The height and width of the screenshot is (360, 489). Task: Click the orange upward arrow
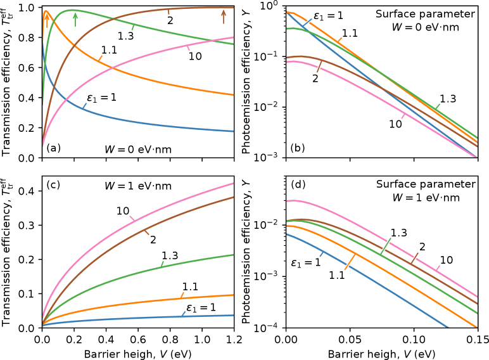point(46,21)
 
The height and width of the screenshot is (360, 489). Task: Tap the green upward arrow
point(75,20)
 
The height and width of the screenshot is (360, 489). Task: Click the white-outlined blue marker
point(307,23)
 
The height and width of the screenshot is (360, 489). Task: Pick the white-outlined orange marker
point(350,262)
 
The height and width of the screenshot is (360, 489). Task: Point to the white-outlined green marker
point(386,246)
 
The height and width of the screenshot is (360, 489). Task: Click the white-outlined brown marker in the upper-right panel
point(319,67)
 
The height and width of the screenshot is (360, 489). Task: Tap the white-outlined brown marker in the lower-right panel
point(415,258)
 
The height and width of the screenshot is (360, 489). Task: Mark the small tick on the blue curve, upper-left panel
point(84,106)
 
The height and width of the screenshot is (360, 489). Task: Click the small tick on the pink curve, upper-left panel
point(188,48)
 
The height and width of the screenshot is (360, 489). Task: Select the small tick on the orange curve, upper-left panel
point(100,58)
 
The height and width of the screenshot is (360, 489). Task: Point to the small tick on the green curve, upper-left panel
point(132,27)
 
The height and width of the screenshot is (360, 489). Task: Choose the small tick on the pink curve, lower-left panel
point(132,219)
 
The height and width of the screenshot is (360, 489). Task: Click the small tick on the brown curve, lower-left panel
point(147,233)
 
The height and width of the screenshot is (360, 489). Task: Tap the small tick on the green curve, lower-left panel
point(162,264)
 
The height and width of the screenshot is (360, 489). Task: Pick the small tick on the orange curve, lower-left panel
point(182,295)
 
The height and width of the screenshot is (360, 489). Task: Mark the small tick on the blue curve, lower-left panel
point(184,313)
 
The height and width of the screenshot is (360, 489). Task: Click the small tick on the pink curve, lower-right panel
point(438,268)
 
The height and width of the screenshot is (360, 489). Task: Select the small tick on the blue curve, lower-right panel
point(322,254)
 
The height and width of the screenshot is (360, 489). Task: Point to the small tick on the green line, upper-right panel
point(437,106)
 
